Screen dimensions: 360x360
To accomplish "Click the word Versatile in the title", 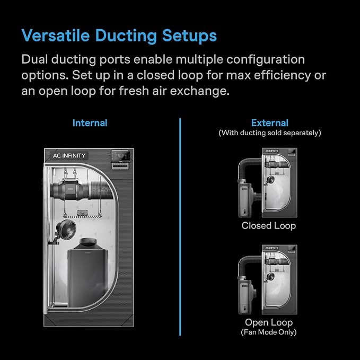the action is [56, 36].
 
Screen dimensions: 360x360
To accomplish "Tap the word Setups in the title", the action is [189, 36].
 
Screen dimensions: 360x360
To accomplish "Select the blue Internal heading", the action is [90, 123].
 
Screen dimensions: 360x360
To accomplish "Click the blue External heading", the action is [270, 123].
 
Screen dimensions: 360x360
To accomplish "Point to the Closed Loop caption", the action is [269, 226].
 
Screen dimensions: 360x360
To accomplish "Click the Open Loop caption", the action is [269, 322].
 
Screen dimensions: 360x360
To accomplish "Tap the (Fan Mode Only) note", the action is [269, 332].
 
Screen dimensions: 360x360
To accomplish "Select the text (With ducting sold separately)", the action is [270, 133].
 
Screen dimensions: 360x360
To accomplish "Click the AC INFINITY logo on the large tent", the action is [69, 156].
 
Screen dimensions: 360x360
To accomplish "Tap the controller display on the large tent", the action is [120, 156].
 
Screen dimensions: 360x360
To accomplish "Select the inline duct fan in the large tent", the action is [69, 190].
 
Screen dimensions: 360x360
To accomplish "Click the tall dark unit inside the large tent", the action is [87, 273].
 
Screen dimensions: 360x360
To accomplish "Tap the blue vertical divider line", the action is [180, 227].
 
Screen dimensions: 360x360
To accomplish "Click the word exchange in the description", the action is [199, 91].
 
